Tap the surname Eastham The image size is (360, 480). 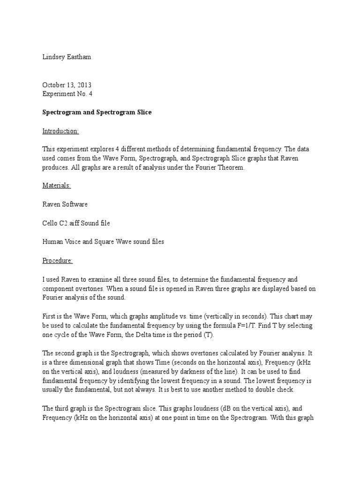[x=80, y=58]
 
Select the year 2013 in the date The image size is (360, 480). [x=84, y=85]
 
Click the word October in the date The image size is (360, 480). [x=53, y=85]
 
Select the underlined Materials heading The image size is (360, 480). [x=57, y=186]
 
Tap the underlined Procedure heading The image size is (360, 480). [x=58, y=260]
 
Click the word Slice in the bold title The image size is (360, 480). [x=143, y=112]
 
